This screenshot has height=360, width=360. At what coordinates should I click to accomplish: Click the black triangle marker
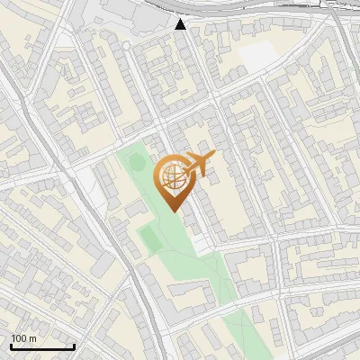click(x=181, y=24)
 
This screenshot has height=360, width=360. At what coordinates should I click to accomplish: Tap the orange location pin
click(x=175, y=180)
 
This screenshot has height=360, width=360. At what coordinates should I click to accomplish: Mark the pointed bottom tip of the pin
click(x=174, y=209)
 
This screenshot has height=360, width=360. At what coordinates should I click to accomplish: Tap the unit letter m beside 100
click(x=32, y=338)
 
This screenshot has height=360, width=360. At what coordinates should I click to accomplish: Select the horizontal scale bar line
click(x=42, y=346)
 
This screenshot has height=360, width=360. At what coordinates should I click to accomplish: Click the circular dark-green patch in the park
click(x=136, y=162)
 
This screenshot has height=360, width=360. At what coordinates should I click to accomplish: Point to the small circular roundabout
click(x=127, y=44)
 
